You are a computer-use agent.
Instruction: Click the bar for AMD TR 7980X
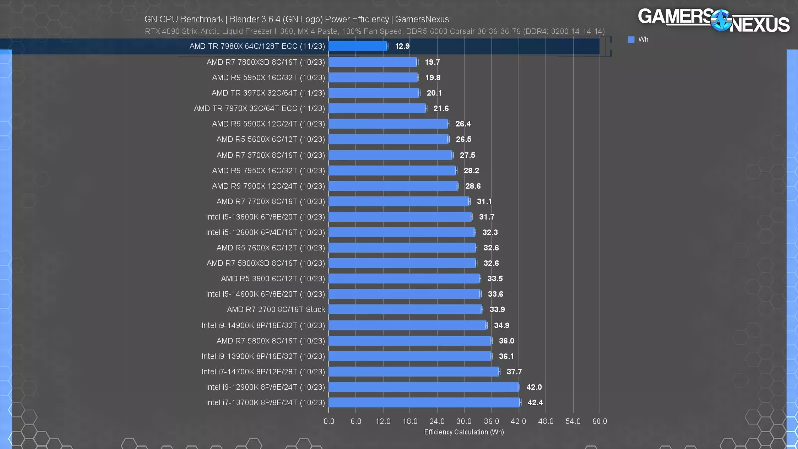pos(358,46)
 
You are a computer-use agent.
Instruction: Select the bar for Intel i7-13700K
pos(424,403)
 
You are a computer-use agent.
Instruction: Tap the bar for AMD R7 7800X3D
pos(373,62)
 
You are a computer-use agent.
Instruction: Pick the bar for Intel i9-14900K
pos(407,325)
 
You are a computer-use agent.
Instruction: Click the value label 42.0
pos(534,387)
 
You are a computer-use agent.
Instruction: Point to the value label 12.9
pos(402,46)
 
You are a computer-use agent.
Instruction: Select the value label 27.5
pos(467,155)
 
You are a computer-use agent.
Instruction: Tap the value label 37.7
pos(514,372)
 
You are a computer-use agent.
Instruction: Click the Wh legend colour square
pos(631,40)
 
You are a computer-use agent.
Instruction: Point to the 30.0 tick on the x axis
pos(464,421)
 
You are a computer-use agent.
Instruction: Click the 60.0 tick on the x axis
pos(599,421)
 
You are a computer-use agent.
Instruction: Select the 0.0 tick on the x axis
pos(329,421)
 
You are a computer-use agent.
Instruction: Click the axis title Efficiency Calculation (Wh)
pos(464,432)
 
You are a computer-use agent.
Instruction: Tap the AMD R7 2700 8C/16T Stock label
pos(276,310)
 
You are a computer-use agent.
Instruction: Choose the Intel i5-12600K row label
pos(265,232)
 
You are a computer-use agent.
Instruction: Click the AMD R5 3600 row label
pos(273,279)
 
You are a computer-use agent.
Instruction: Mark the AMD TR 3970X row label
pos(268,93)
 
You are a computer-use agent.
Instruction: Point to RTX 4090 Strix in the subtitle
pos(171,31)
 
